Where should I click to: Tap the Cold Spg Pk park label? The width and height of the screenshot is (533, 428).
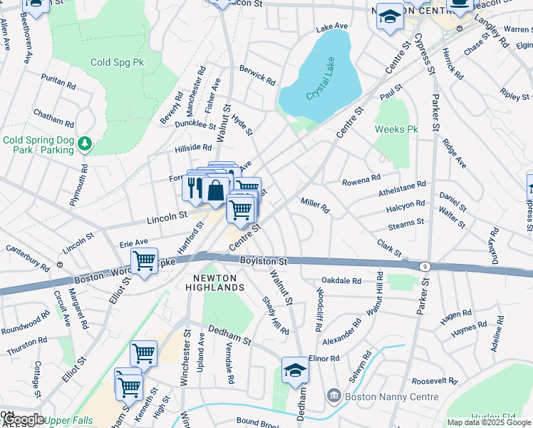point(117,62)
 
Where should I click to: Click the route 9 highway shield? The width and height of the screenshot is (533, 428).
point(425,266)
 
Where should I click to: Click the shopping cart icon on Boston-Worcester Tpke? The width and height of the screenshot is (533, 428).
point(144,261)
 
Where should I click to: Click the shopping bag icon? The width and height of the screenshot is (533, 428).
point(215,190)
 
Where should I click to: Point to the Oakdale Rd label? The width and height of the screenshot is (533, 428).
point(341,280)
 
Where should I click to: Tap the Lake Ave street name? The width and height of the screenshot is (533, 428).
point(332,27)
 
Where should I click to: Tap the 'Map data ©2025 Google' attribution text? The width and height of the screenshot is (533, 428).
point(489,422)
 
